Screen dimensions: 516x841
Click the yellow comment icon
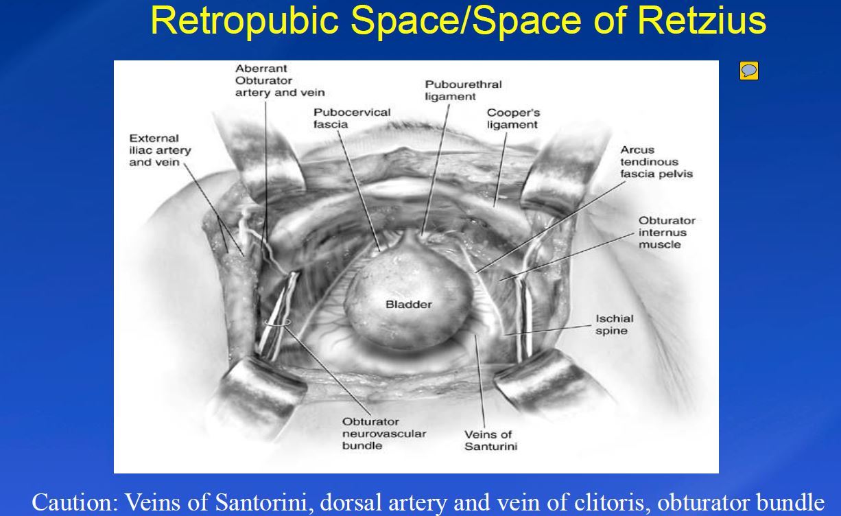point(749,71)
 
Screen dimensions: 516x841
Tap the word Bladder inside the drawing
point(409,304)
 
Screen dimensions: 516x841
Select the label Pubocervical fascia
point(352,118)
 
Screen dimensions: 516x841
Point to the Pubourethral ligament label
point(463,91)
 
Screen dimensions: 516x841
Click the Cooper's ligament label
point(512,119)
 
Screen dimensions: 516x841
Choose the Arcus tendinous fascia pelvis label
point(656,162)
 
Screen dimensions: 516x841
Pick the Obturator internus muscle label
point(667,233)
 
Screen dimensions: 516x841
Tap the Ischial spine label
point(614,325)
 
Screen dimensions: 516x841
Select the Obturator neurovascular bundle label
point(383,434)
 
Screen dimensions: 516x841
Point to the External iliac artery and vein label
point(160,150)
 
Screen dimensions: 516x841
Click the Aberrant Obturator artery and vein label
point(280,80)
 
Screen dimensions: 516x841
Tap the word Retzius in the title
point(701,21)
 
